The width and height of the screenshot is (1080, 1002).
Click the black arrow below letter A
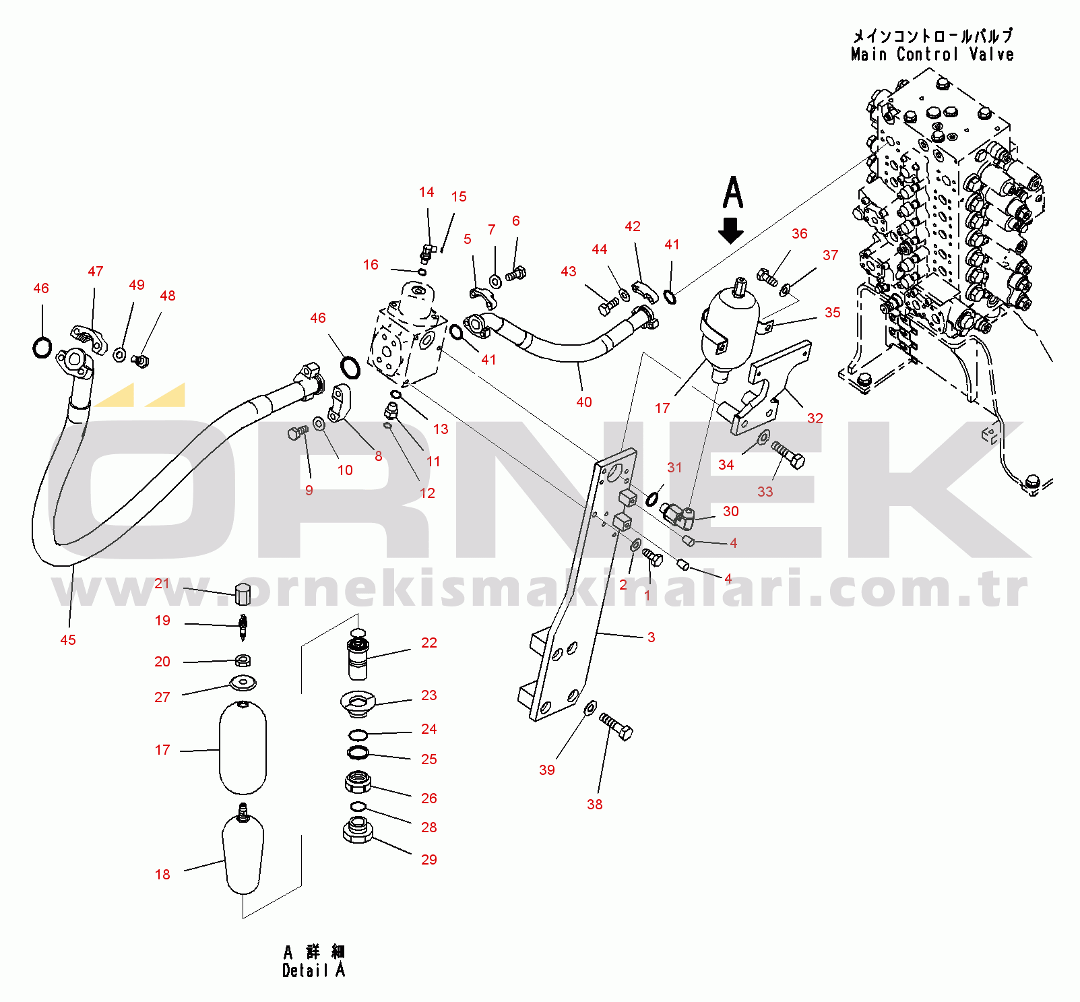coord(731,230)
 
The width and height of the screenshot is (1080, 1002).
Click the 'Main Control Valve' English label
coord(932,55)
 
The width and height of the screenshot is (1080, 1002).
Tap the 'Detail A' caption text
coord(314,970)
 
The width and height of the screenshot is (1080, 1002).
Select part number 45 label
coord(68,640)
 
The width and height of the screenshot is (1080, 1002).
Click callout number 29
coord(429,860)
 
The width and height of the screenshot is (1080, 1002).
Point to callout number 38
coord(595,805)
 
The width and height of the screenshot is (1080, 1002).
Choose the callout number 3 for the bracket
coord(652,637)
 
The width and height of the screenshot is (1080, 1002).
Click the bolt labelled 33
coord(788,454)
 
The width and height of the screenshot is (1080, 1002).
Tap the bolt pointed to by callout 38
coord(616,726)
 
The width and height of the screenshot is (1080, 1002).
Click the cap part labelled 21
coord(243,594)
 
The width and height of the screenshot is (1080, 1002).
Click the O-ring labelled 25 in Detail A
coord(358,752)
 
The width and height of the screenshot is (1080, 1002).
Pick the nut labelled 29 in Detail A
coord(358,831)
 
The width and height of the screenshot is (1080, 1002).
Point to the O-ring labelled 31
coord(652,499)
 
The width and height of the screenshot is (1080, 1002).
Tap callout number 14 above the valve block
coord(426,193)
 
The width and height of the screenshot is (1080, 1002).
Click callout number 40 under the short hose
coord(584,402)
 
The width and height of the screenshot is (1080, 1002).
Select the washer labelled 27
coord(243,683)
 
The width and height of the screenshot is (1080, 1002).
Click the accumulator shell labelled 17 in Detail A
coord(243,748)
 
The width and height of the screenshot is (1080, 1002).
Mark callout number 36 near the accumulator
coord(800,234)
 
